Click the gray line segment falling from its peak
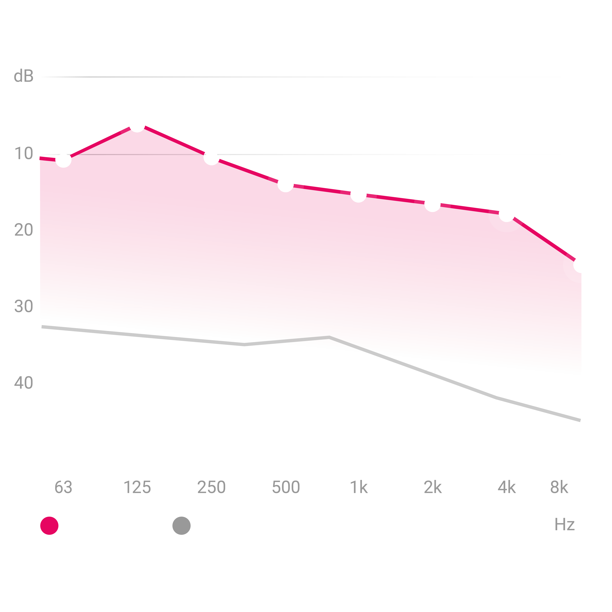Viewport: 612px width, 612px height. point(355,346)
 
